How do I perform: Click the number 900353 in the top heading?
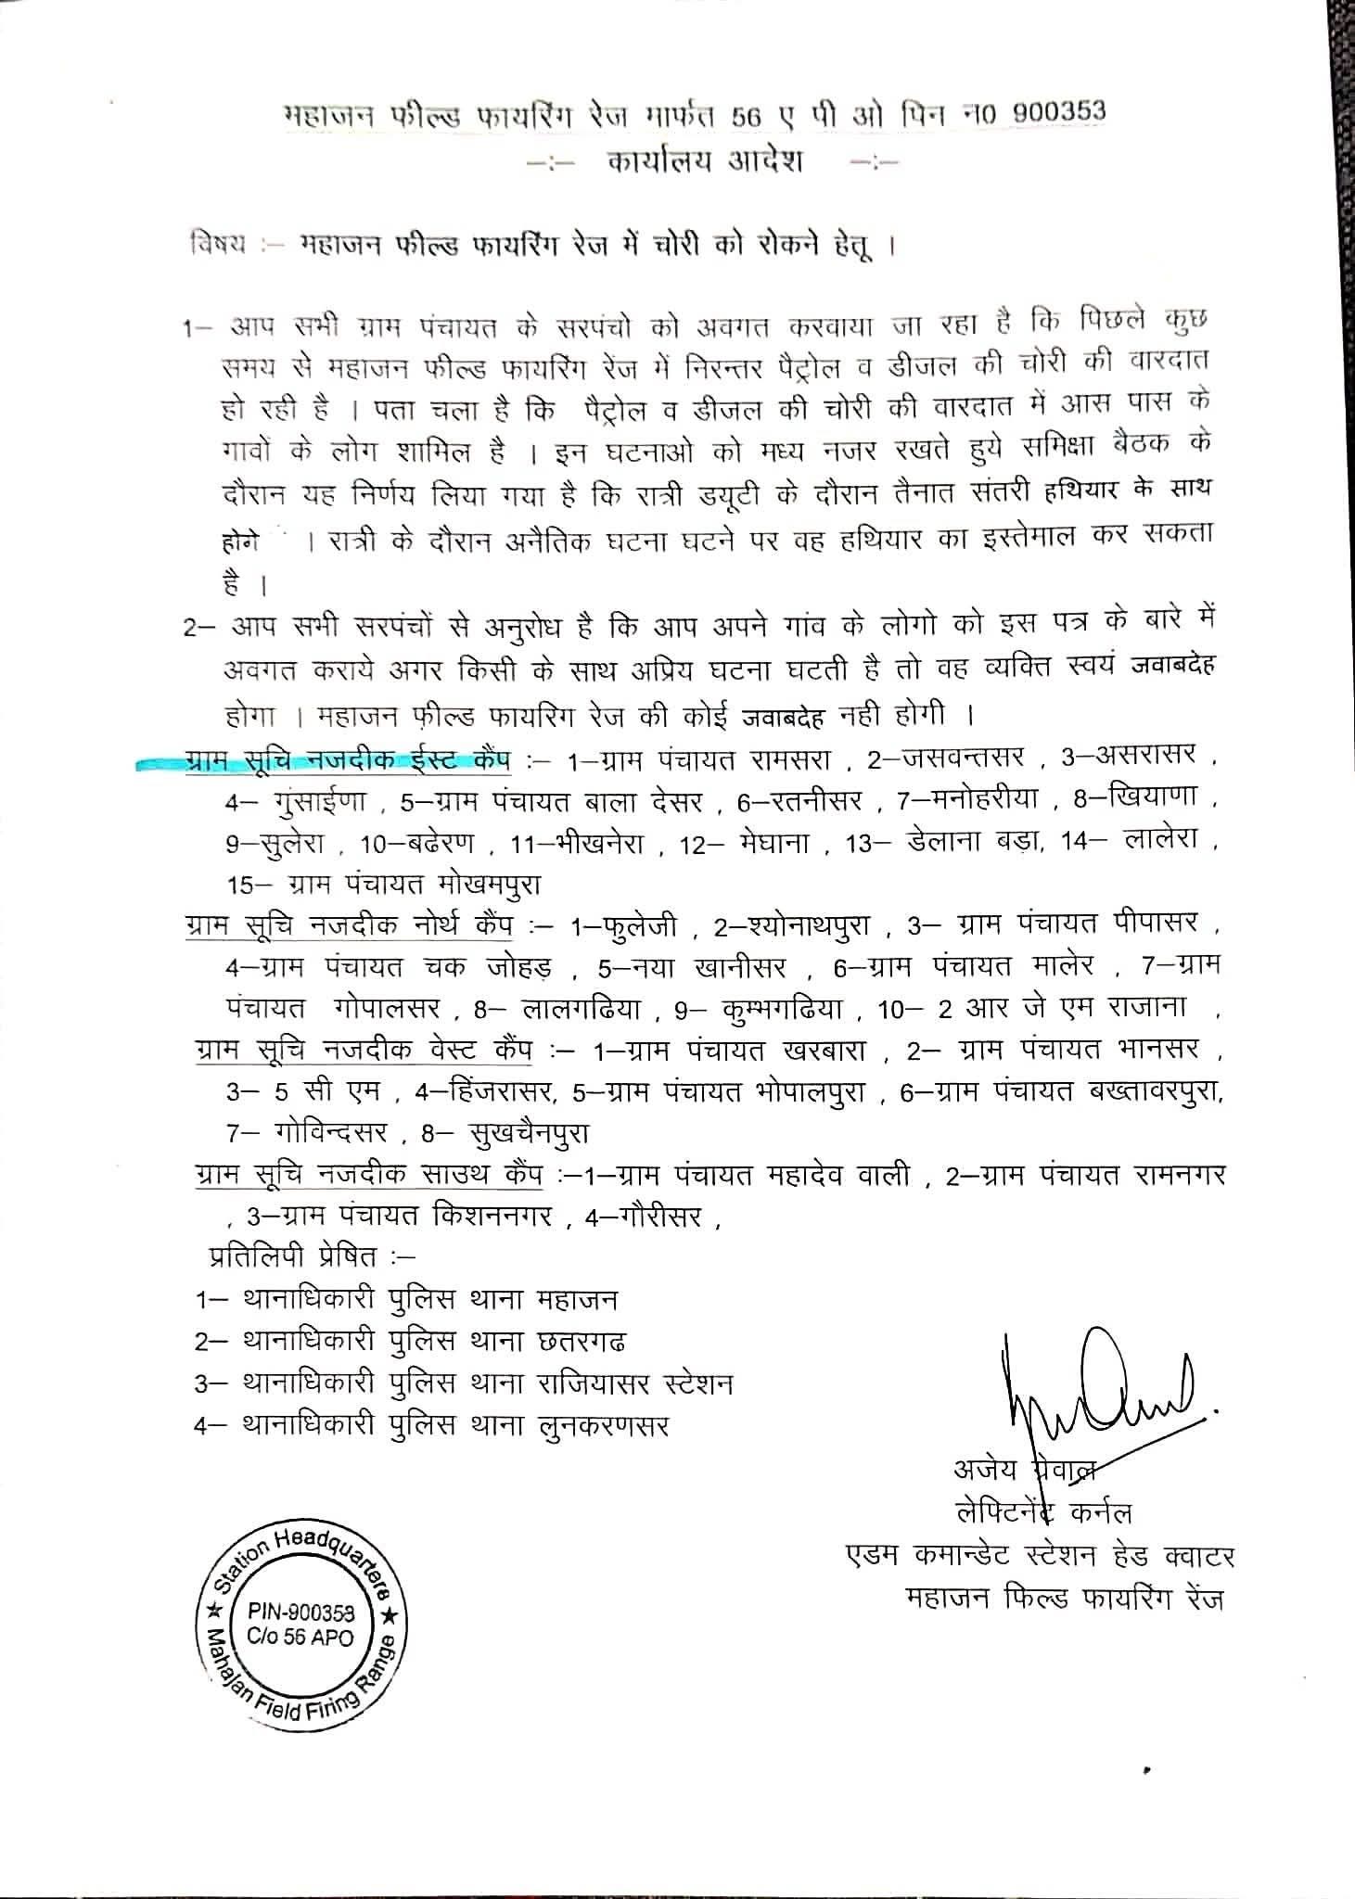[1060, 110]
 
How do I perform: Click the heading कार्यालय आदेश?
[706, 161]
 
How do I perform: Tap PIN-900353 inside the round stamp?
[300, 1612]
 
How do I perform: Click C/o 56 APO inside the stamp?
[300, 1637]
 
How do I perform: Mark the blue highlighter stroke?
[325, 763]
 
